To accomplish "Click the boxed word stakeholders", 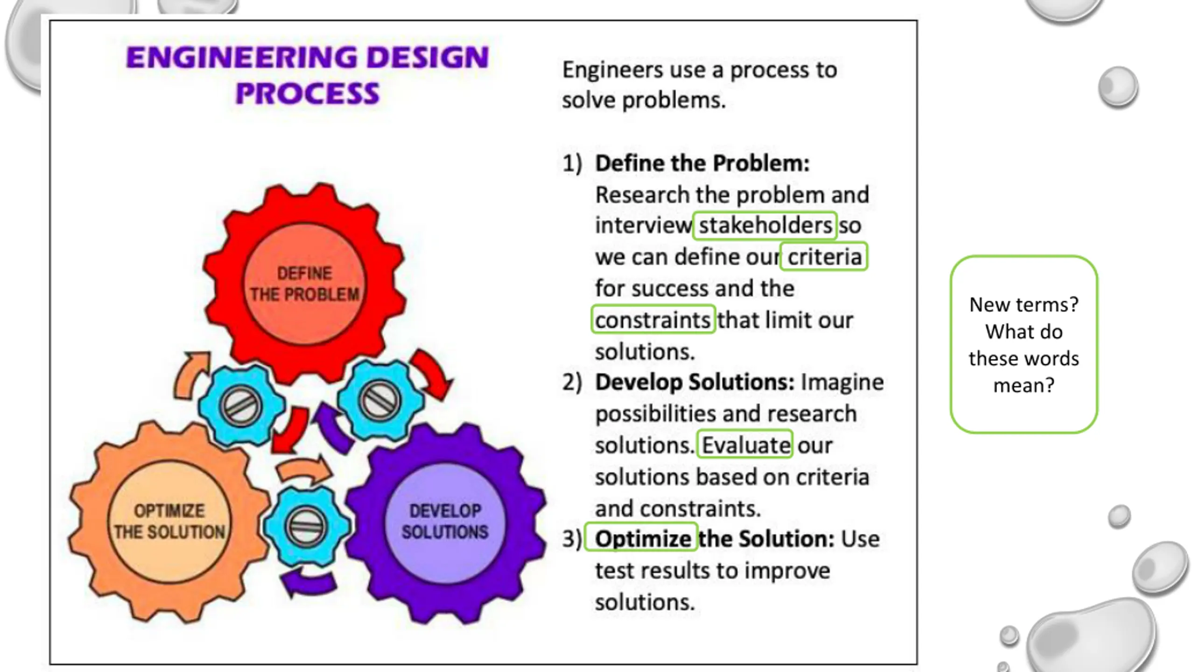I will point(765,225).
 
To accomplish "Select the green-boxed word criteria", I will point(824,257).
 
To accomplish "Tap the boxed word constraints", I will point(653,320).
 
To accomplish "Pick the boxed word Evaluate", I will point(745,445).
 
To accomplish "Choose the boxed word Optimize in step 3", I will point(642,539).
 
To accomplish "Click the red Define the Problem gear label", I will point(304,284).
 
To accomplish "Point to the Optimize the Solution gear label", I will point(169,521).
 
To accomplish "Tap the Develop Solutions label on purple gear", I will point(445,521).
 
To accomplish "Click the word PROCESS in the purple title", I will point(308,93).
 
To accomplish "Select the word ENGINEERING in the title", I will point(240,58).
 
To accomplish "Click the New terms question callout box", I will point(1024,344).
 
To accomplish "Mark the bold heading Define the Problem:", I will point(702,163).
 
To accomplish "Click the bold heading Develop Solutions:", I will point(695,382).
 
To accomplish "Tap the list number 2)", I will point(572,382).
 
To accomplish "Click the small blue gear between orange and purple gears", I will point(306,526).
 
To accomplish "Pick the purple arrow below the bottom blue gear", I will point(308,583).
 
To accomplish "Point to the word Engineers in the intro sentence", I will point(612,70).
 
